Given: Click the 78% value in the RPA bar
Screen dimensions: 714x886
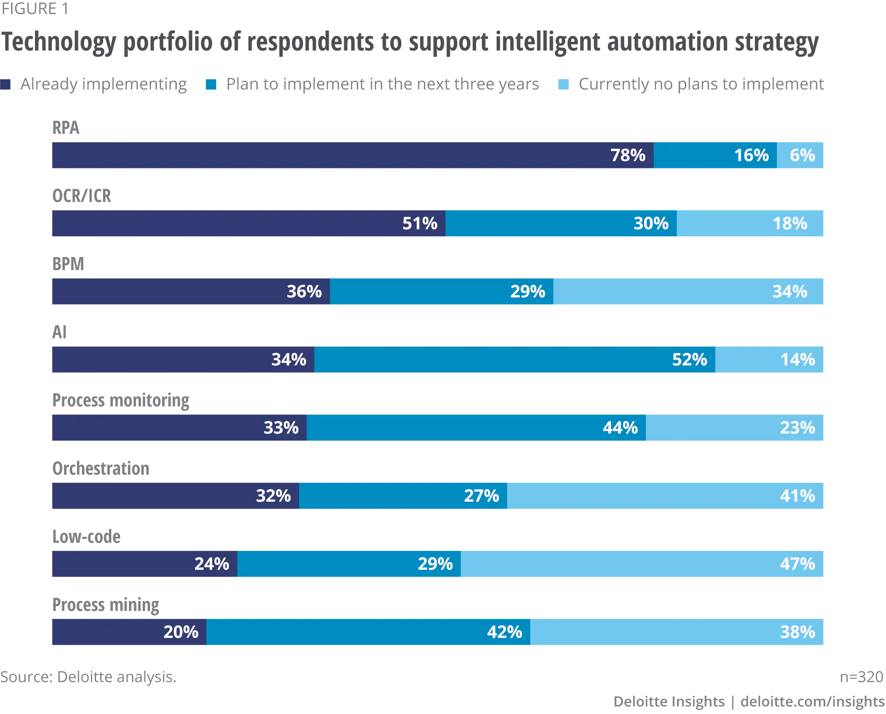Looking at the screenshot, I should pyautogui.click(x=627, y=156).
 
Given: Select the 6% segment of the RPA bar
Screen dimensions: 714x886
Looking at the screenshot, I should pyautogui.click(x=800, y=156).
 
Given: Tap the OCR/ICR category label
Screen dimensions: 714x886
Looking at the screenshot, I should pyautogui.click(x=82, y=196).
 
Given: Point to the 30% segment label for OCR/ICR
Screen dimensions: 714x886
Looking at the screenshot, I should pyautogui.click(x=651, y=223).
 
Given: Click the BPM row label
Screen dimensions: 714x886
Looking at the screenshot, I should pyautogui.click(x=68, y=264).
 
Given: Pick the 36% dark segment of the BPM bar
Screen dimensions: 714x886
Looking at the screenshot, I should pyautogui.click(x=190, y=292).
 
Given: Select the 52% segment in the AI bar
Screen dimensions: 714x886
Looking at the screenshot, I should pyautogui.click(x=514, y=360).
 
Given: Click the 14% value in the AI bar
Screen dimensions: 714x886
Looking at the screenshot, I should pyautogui.click(x=797, y=360).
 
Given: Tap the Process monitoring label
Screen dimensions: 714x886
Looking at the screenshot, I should pyautogui.click(x=120, y=401).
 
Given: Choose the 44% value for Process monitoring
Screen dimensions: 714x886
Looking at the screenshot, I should pyautogui.click(x=620, y=428).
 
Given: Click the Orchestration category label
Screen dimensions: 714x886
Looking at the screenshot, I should pyautogui.click(x=101, y=469).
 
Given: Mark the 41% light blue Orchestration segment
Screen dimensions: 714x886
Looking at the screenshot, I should pyautogui.click(x=665, y=496).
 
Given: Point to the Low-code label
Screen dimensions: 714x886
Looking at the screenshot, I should pyautogui.click(x=86, y=537).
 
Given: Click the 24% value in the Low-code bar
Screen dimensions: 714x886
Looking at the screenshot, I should pyautogui.click(x=211, y=564).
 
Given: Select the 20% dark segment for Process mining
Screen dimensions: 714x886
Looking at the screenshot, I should pyautogui.click(x=129, y=632).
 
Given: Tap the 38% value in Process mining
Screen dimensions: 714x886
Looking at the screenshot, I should pyautogui.click(x=797, y=632).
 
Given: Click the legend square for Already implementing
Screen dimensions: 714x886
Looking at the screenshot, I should pyautogui.click(x=5, y=84).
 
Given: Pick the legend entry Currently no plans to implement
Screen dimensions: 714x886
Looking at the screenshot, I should pyautogui.click(x=701, y=84).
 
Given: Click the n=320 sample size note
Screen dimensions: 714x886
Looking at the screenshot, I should pyautogui.click(x=861, y=677).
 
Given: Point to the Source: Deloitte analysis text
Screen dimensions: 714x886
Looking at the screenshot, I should pyautogui.click(x=88, y=677).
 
